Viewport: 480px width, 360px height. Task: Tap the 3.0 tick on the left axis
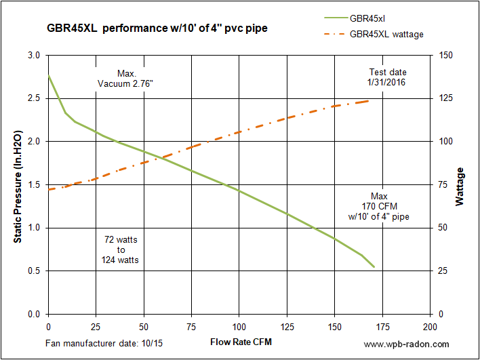(33, 55)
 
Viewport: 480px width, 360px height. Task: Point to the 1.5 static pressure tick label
(33, 184)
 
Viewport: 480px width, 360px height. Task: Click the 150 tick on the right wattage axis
(447, 55)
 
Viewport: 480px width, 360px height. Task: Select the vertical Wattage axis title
(461, 186)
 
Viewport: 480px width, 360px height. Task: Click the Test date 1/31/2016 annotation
(388, 77)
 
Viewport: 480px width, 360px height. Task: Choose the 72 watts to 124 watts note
(121, 249)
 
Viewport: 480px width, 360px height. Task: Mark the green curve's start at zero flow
(48, 75)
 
